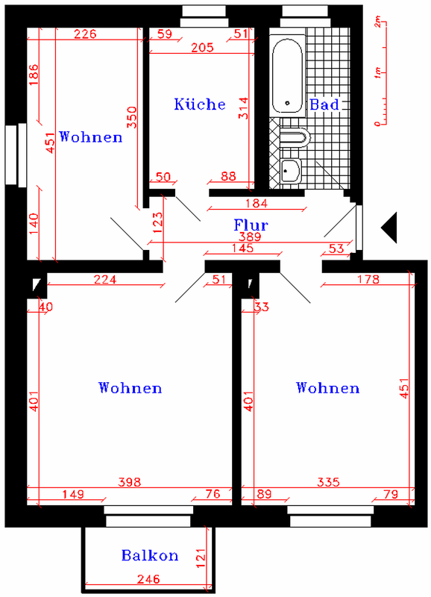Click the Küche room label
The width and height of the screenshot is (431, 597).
pyautogui.click(x=200, y=104)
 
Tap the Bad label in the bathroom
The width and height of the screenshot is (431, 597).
pyautogui.click(x=324, y=104)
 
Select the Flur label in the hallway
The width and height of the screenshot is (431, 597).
pyautogui.click(x=251, y=225)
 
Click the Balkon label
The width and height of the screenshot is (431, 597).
pyautogui.click(x=150, y=555)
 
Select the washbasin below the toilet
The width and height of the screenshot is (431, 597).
pyautogui.click(x=291, y=172)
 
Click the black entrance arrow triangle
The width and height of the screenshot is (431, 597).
pyautogui.click(x=389, y=228)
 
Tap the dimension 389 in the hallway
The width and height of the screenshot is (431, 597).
pyautogui.click(x=250, y=237)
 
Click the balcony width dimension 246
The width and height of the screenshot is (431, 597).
pyautogui.click(x=148, y=579)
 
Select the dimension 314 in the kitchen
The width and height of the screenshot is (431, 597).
pyautogui.click(x=243, y=108)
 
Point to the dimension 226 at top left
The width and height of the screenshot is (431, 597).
pyautogui.click(x=85, y=34)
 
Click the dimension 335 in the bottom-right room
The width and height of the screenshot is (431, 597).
pyautogui.click(x=328, y=482)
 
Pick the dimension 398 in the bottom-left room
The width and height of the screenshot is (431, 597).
pyautogui.click(x=130, y=482)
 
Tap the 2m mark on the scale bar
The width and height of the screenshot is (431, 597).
pyautogui.click(x=377, y=22)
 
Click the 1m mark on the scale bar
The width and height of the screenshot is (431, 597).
pyautogui.click(x=377, y=72)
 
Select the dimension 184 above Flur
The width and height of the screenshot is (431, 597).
pyautogui.click(x=257, y=203)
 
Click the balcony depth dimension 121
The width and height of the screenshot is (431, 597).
pyautogui.click(x=201, y=558)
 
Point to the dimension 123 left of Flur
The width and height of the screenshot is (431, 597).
pyautogui.click(x=158, y=222)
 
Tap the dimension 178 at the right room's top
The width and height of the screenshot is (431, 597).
pyautogui.click(x=368, y=279)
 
